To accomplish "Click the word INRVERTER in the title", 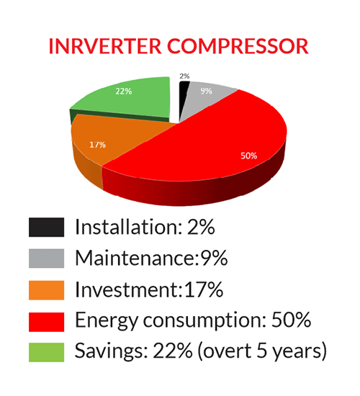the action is [105, 46].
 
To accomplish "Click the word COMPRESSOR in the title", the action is [238, 46].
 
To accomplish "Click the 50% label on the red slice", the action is [249, 156].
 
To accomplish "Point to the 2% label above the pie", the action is [184, 76].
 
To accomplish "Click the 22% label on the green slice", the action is [124, 91].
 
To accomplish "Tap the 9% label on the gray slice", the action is [206, 91].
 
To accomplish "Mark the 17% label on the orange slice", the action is [97, 145].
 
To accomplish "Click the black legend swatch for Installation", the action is [47, 228].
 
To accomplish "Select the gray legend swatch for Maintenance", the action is [47, 258].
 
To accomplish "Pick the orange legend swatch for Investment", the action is [47, 290].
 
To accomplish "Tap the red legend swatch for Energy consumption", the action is [47, 322].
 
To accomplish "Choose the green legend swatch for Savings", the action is [47, 352].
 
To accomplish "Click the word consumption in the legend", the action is [204, 321].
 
